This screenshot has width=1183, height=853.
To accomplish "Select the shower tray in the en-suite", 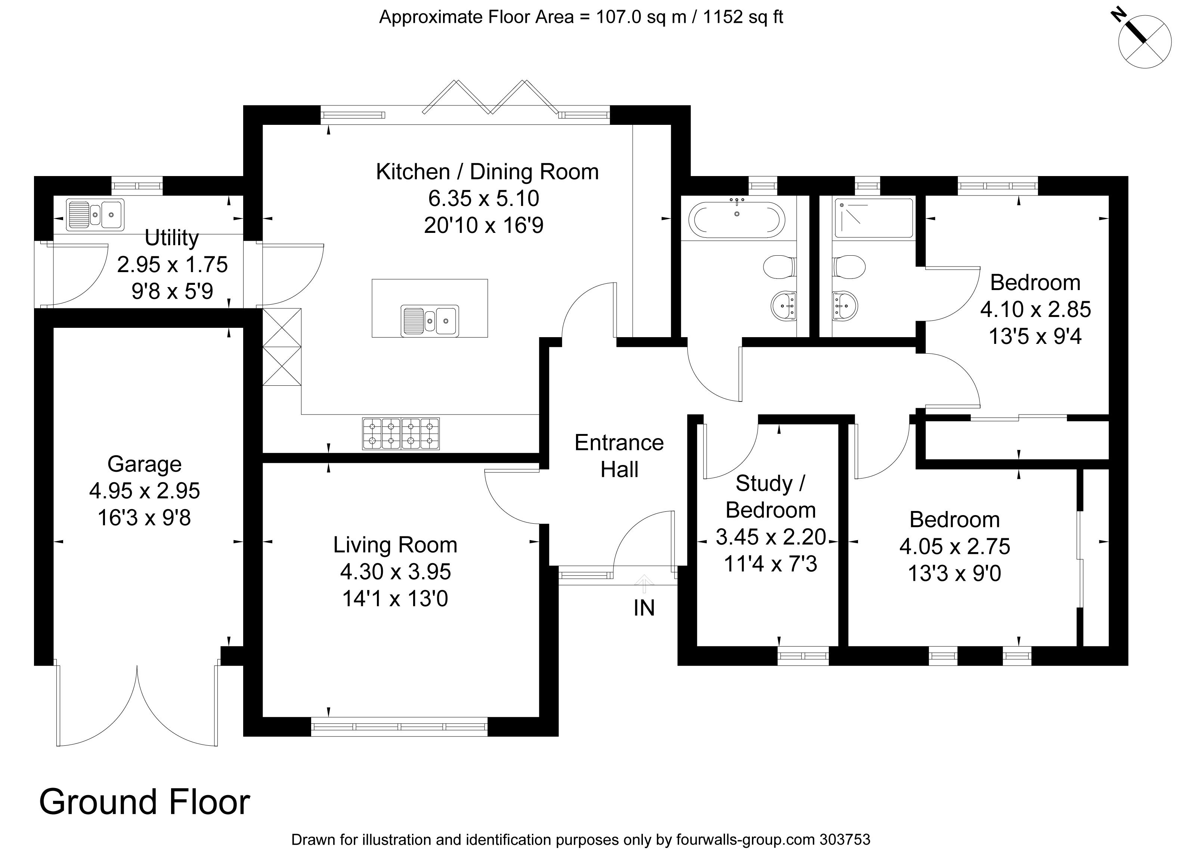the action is point(874,218).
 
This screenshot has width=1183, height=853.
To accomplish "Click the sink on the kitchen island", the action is point(430,320).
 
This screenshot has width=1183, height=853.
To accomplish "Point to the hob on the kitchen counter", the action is point(400,433).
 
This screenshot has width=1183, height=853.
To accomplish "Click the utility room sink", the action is point(95,215).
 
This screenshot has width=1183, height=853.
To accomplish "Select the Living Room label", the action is point(395,545).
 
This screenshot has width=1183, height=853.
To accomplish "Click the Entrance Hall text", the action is point(619,456).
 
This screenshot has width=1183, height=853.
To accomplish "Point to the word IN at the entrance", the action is point(644,608).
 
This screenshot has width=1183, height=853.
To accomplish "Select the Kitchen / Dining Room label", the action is point(487,172).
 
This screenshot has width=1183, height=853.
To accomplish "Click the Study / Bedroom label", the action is point(770,496).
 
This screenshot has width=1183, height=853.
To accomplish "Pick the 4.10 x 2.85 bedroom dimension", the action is point(1035,310).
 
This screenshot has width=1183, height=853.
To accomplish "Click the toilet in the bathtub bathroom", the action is point(779,267).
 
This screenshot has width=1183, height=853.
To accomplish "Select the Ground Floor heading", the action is point(145,803).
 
